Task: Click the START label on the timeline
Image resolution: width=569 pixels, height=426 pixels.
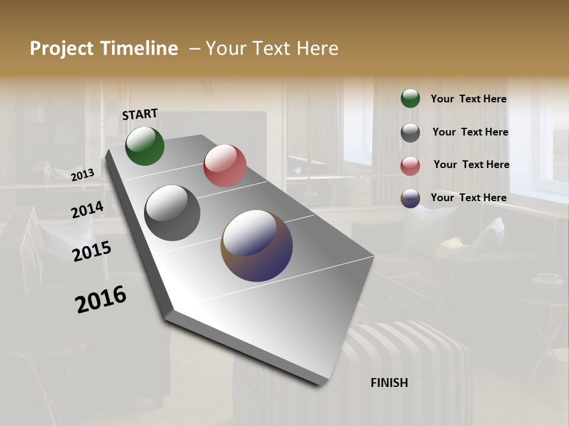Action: click(x=140, y=114)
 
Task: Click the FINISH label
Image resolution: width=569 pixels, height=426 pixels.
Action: click(x=389, y=383)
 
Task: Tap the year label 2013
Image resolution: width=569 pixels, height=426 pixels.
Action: click(x=83, y=175)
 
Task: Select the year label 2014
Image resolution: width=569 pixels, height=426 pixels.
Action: click(x=88, y=210)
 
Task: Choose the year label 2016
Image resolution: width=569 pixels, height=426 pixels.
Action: click(x=101, y=299)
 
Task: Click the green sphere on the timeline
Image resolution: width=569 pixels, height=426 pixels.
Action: click(x=145, y=146)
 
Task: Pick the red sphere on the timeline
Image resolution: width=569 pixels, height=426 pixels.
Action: click(x=225, y=166)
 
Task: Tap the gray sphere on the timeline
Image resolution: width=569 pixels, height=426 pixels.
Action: click(x=172, y=213)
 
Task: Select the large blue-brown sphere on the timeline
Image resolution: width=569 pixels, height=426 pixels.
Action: click(x=257, y=246)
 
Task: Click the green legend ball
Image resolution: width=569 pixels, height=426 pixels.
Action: click(x=410, y=99)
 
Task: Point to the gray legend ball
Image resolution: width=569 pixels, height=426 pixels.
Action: click(x=410, y=133)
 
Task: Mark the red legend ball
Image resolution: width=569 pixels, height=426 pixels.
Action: click(x=410, y=166)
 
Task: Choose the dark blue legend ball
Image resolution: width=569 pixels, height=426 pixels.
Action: click(x=410, y=199)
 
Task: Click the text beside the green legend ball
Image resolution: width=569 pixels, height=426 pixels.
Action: click(x=468, y=99)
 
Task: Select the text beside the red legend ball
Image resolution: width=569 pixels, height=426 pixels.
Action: click(x=471, y=164)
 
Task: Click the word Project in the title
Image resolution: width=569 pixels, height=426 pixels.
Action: click(x=62, y=49)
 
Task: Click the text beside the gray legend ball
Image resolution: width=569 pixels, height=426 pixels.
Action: click(x=470, y=132)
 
